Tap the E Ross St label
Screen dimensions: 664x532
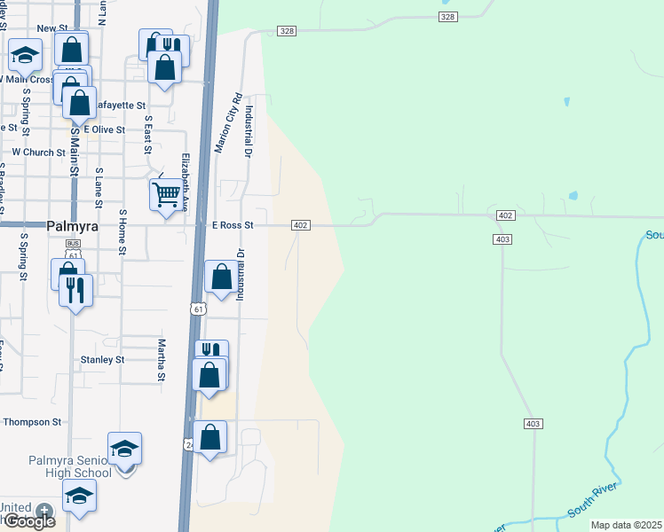pyautogui.click(x=233, y=225)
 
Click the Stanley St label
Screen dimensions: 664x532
pyautogui.click(x=102, y=360)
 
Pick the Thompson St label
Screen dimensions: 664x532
pyautogui.click(x=34, y=423)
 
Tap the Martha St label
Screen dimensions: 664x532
pyautogui.click(x=162, y=359)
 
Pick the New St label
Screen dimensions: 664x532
pyautogui.click(x=53, y=28)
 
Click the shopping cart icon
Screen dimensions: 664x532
pyautogui.click(x=167, y=193)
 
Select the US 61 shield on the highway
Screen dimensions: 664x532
pyautogui.click(x=198, y=309)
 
